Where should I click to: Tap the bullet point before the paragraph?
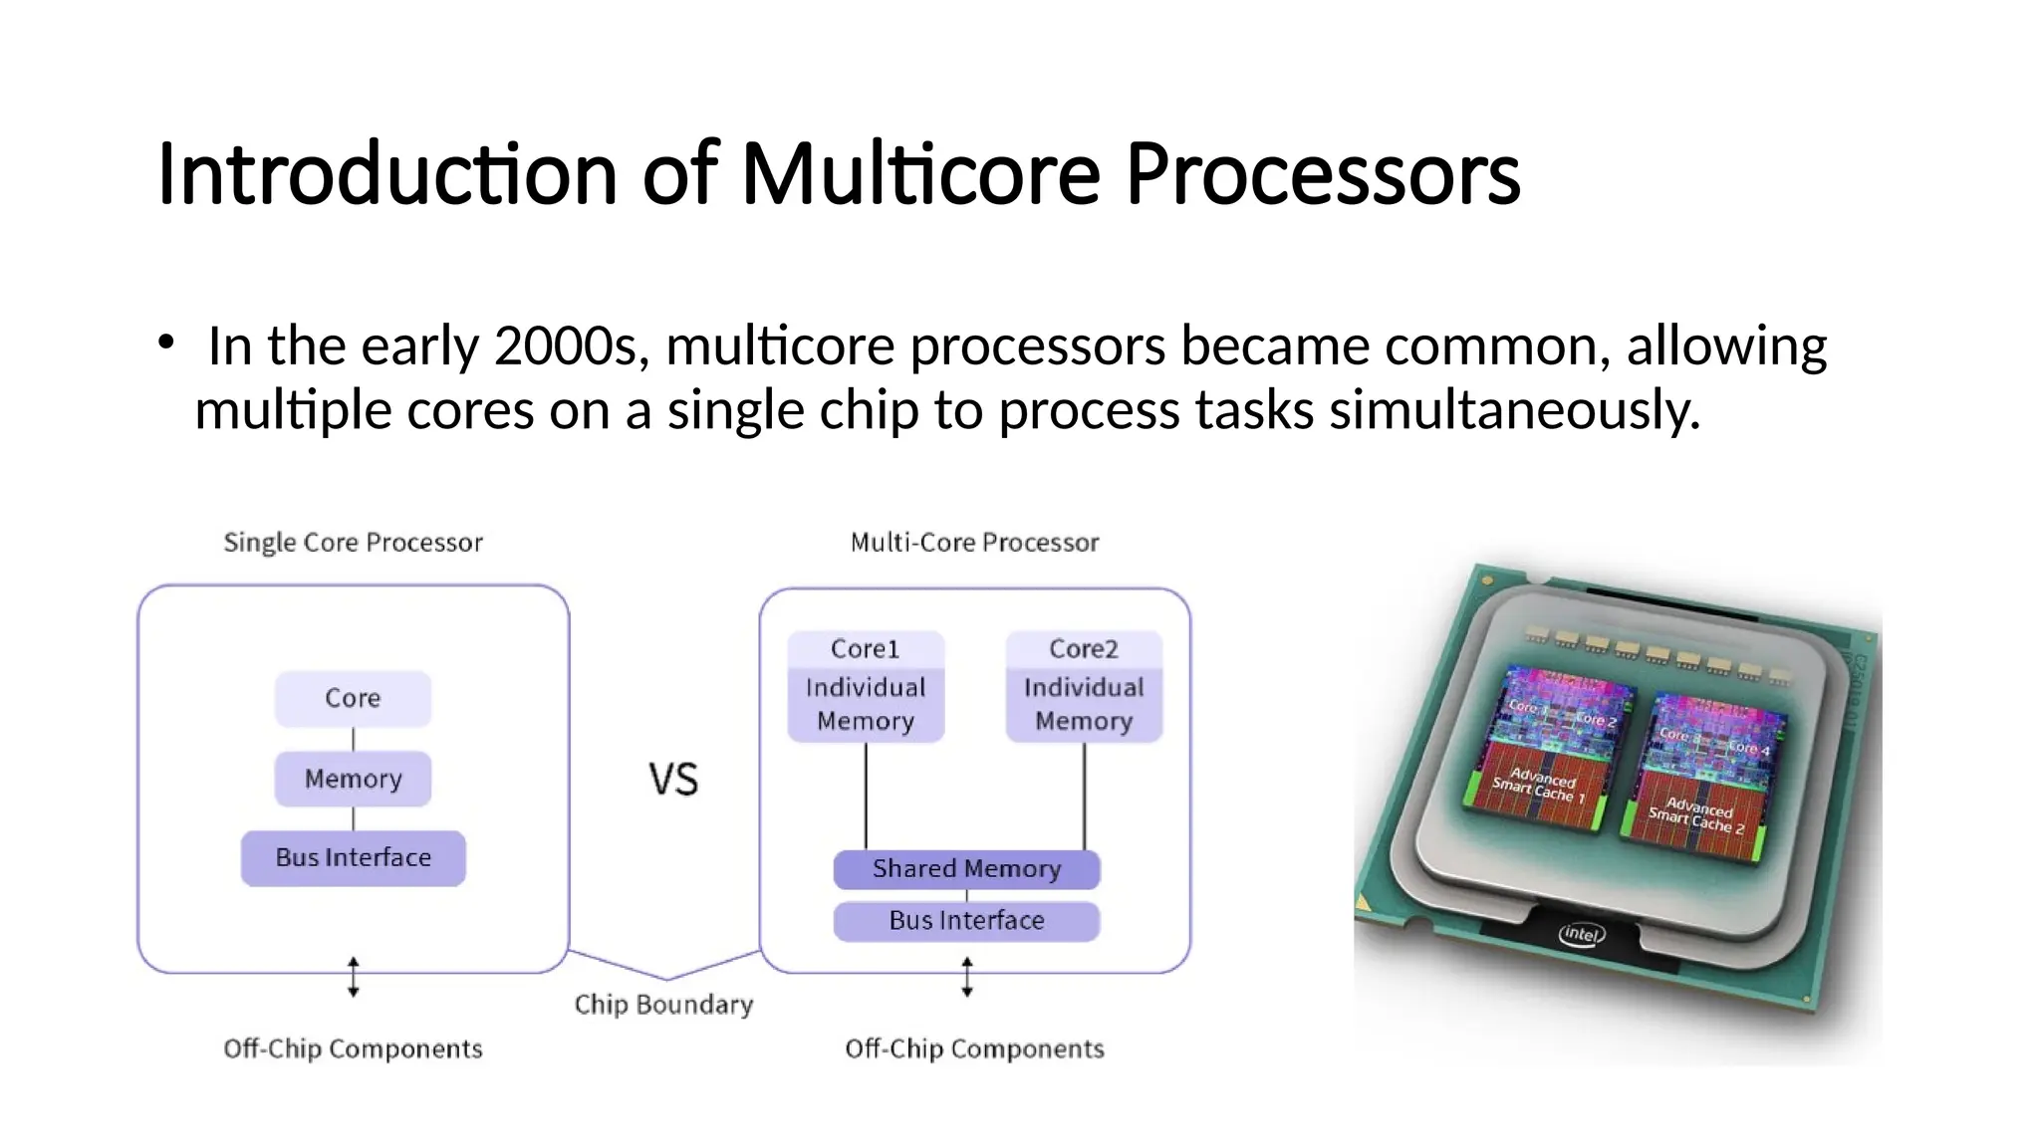[x=166, y=343]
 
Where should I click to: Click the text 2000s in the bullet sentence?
[x=571, y=346]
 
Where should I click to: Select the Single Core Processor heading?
[x=353, y=543]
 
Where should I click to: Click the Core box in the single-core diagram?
[x=353, y=698]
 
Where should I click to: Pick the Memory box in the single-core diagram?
[x=353, y=779]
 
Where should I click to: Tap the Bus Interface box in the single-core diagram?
[x=353, y=857]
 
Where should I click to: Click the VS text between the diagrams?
[x=673, y=780]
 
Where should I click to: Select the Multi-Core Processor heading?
[x=974, y=543]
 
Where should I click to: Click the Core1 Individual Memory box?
[x=865, y=687]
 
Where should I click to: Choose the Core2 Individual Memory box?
[x=1084, y=687]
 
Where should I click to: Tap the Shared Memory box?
[x=966, y=869]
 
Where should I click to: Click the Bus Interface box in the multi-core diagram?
[x=966, y=921]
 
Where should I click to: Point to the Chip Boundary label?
[x=663, y=1005]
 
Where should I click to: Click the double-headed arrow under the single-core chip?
[x=353, y=977]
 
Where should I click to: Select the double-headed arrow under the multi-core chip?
[x=966, y=977]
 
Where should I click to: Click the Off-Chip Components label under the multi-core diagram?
[x=974, y=1048]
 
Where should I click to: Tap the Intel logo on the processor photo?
[x=1581, y=934]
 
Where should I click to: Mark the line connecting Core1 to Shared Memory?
[x=866, y=797]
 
